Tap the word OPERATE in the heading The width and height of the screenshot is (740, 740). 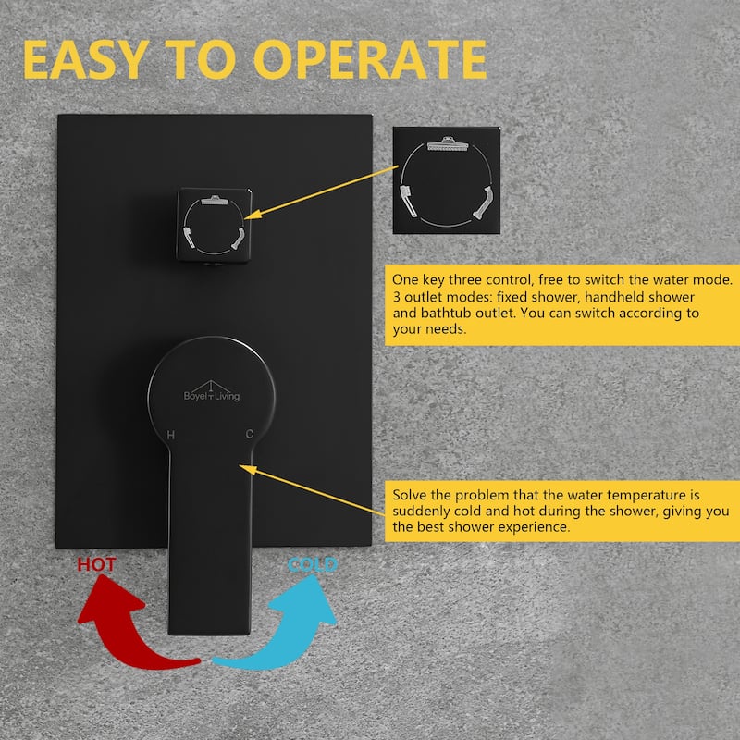[371, 59]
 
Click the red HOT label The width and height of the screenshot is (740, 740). [96, 564]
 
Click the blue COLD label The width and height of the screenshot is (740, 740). [313, 564]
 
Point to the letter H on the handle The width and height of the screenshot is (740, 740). [171, 435]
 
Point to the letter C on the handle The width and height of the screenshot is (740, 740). [250, 434]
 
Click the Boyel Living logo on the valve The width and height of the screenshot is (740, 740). [212, 391]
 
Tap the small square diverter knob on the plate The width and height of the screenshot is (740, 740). [215, 225]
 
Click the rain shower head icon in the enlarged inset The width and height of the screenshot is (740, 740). [448, 143]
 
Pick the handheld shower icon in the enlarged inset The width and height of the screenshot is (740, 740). [409, 202]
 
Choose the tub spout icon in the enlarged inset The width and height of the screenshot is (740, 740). [483, 203]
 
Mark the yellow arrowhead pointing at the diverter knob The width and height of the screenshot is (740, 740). [253, 215]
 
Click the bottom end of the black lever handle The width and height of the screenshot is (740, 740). [209, 634]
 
